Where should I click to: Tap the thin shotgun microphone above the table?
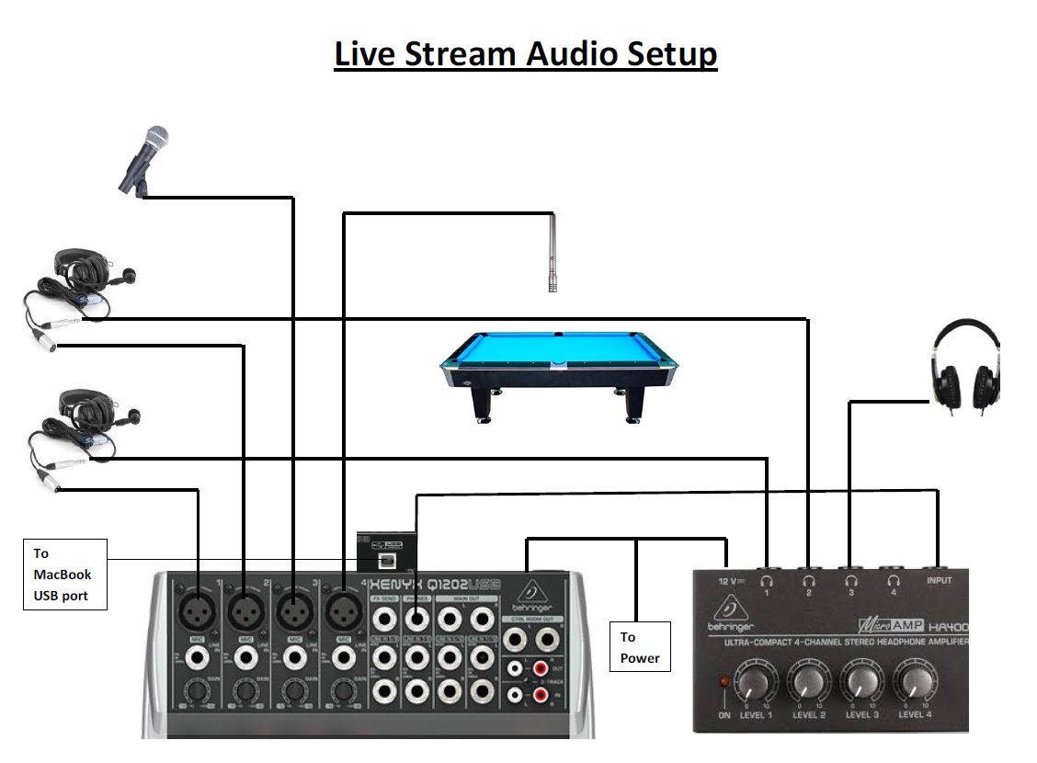tap(553, 253)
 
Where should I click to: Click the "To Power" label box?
tap(640, 647)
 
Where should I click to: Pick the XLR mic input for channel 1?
tap(198, 609)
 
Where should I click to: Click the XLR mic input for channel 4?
tap(343, 609)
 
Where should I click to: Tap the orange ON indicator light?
tap(724, 683)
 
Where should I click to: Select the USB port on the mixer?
tap(388, 557)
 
